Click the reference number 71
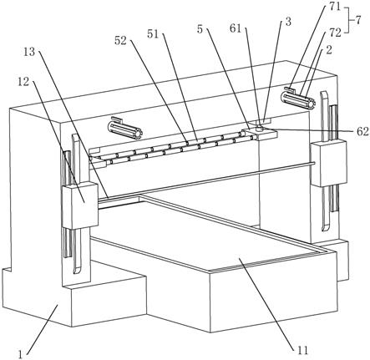(x=335, y=6)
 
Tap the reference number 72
(x=335, y=33)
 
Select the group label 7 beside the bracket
(x=358, y=20)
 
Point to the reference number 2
(x=329, y=50)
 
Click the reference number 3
(x=288, y=22)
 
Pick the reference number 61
(x=236, y=28)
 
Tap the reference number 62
(x=362, y=131)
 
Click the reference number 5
(x=200, y=29)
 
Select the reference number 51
(x=153, y=34)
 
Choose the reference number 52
(x=120, y=41)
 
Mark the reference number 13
(x=29, y=51)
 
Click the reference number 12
(x=23, y=81)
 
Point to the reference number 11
(x=302, y=350)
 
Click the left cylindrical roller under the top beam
(x=125, y=129)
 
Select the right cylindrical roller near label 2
(x=298, y=99)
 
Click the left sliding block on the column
(x=80, y=205)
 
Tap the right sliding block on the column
(x=329, y=163)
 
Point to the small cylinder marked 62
(x=260, y=128)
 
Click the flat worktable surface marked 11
(x=211, y=231)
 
